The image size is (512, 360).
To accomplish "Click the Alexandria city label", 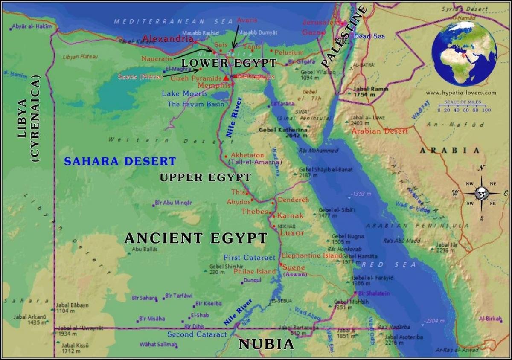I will pyautogui.click(x=168, y=39).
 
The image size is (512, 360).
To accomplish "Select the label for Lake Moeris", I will pyautogui.click(x=184, y=93).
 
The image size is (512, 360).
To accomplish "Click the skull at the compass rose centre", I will pyautogui.click(x=481, y=194).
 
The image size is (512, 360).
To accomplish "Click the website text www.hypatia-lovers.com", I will pyautogui.click(x=461, y=93).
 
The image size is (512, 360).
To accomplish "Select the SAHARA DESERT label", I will pyautogui.click(x=120, y=161).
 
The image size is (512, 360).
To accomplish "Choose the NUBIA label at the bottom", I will pyautogui.click(x=266, y=344).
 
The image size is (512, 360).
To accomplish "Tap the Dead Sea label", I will pyautogui.click(x=369, y=36).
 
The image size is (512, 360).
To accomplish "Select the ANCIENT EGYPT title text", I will pyautogui.click(x=196, y=238).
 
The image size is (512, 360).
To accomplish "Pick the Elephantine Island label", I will pyautogui.click(x=311, y=255).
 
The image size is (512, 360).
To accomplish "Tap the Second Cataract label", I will pyautogui.click(x=197, y=334).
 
